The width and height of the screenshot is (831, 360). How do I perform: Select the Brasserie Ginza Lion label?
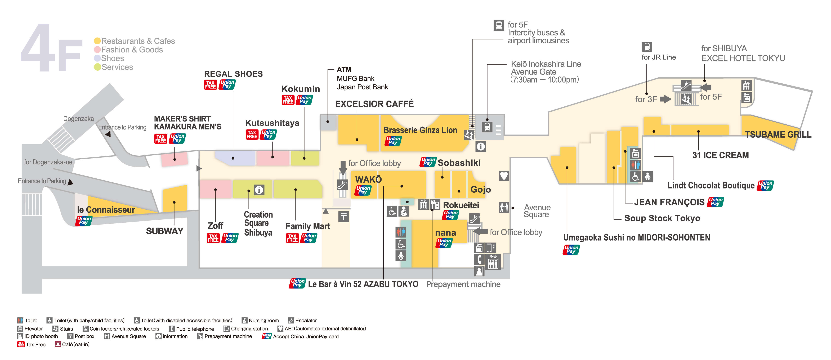point(420,130)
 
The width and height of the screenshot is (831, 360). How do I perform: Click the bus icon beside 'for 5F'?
point(498,25)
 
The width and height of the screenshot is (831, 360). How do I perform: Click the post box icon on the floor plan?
point(343,216)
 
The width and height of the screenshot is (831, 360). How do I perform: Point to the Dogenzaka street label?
point(78,119)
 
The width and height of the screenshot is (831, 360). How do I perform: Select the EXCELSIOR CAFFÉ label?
point(374,104)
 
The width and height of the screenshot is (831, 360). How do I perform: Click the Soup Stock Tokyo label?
point(662,218)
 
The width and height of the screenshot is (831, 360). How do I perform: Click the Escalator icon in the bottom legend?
point(291,320)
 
